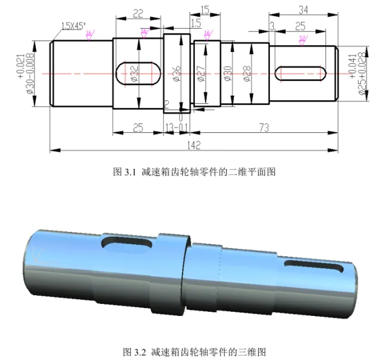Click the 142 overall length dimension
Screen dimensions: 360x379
(194, 145)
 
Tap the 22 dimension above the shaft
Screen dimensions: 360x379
(138, 14)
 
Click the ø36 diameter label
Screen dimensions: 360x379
(177, 73)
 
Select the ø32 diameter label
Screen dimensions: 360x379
(134, 73)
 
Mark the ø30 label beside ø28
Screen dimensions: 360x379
(227, 73)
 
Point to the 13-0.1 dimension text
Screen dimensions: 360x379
(177, 128)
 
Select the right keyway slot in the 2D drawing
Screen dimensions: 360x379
(300, 73)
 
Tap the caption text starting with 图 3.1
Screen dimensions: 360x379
(194, 172)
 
